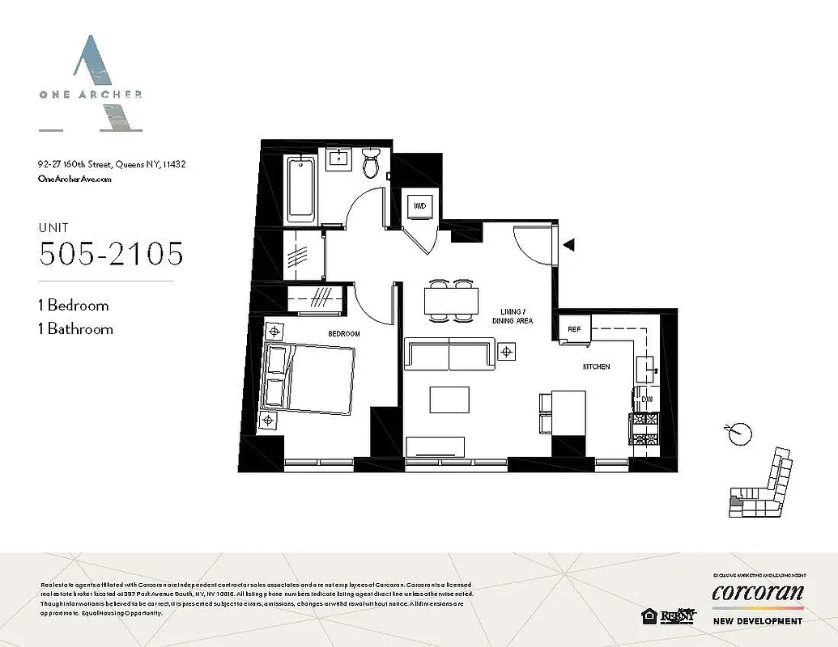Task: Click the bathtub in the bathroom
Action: tap(300, 188)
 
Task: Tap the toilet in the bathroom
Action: tap(371, 164)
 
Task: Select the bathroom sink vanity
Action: tap(337, 159)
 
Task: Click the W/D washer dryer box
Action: tap(420, 206)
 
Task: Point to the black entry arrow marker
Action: tap(569, 243)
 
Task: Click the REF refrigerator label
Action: tap(574, 329)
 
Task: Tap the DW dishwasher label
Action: tap(646, 399)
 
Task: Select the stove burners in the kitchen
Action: tap(645, 428)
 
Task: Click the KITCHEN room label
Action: tap(596, 367)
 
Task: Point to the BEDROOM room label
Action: tap(343, 333)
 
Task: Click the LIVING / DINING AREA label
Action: tap(513, 316)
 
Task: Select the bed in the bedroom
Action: tap(309, 378)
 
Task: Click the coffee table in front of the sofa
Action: tap(449, 400)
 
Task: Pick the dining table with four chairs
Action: tap(451, 300)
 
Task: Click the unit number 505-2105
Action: tap(111, 254)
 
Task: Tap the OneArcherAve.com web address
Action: tap(74, 180)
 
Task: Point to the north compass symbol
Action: tap(736, 433)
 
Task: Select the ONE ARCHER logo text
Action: tap(90, 94)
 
